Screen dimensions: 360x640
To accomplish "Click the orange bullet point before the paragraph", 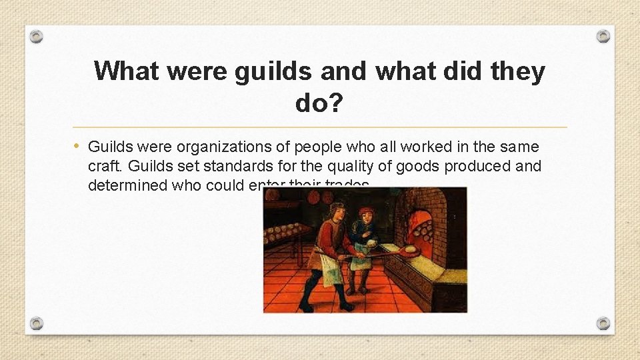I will click(x=78, y=146).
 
